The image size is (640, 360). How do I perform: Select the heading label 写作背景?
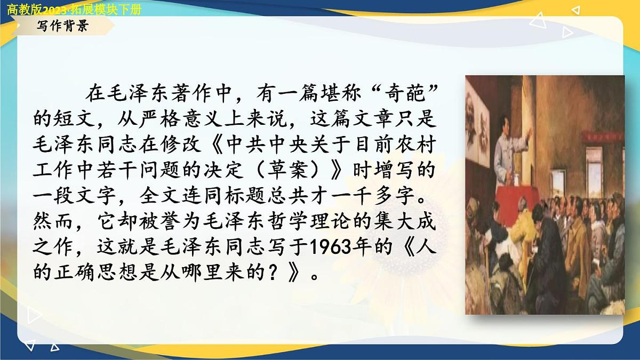[62, 27]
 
